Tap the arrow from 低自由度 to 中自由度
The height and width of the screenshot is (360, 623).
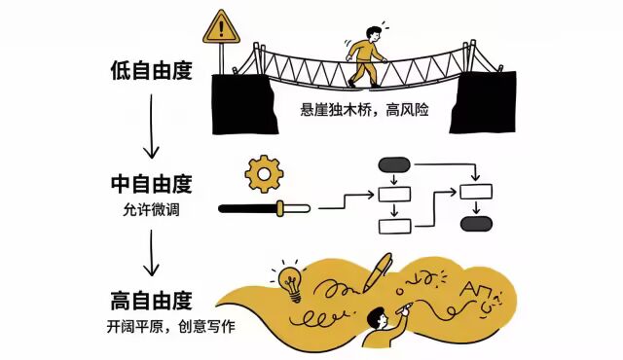click(150, 126)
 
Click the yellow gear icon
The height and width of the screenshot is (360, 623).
click(263, 173)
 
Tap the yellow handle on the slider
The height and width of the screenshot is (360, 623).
click(281, 207)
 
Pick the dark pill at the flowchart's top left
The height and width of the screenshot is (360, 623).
click(393, 163)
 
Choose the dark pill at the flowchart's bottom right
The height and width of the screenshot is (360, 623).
click(475, 224)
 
